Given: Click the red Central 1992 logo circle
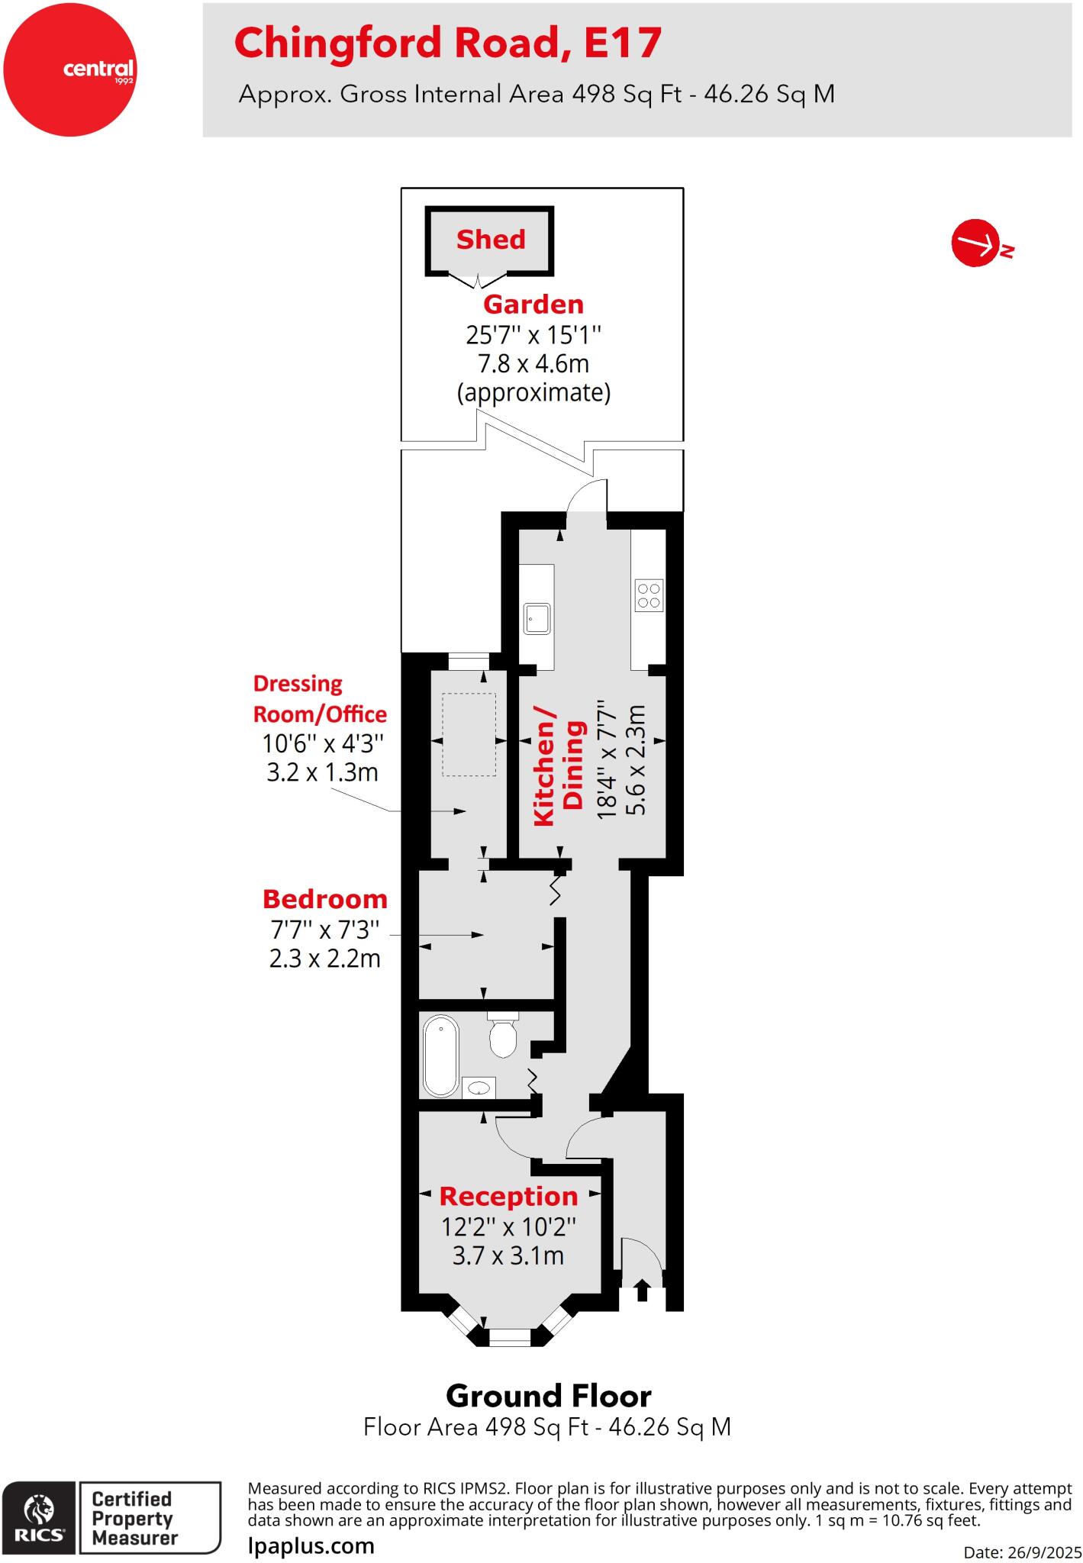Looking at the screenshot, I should [x=70, y=69].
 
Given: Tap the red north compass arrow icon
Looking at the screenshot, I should [x=976, y=244].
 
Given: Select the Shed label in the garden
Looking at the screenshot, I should [x=491, y=240].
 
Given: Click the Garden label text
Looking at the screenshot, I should [x=533, y=305].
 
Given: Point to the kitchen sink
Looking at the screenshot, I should [x=537, y=617].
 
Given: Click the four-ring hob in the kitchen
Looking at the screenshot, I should [x=649, y=595].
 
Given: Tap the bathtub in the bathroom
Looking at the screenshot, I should [x=440, y=1055].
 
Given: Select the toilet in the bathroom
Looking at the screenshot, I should [x=502, y=1036].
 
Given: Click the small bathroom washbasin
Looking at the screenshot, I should [x=479, y=1087].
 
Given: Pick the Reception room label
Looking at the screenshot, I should [x=508, y=1196].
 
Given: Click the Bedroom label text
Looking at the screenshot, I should [x=325, y=899].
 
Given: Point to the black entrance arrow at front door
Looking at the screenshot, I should [x=642, y=1291].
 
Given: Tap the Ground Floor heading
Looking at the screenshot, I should [x=548, y=1396].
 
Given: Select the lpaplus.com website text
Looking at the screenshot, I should [x=311, y=1545].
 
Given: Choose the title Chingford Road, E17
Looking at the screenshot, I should [x=447, y=43].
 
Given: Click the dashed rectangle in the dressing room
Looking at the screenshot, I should [x=469, y=734].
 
